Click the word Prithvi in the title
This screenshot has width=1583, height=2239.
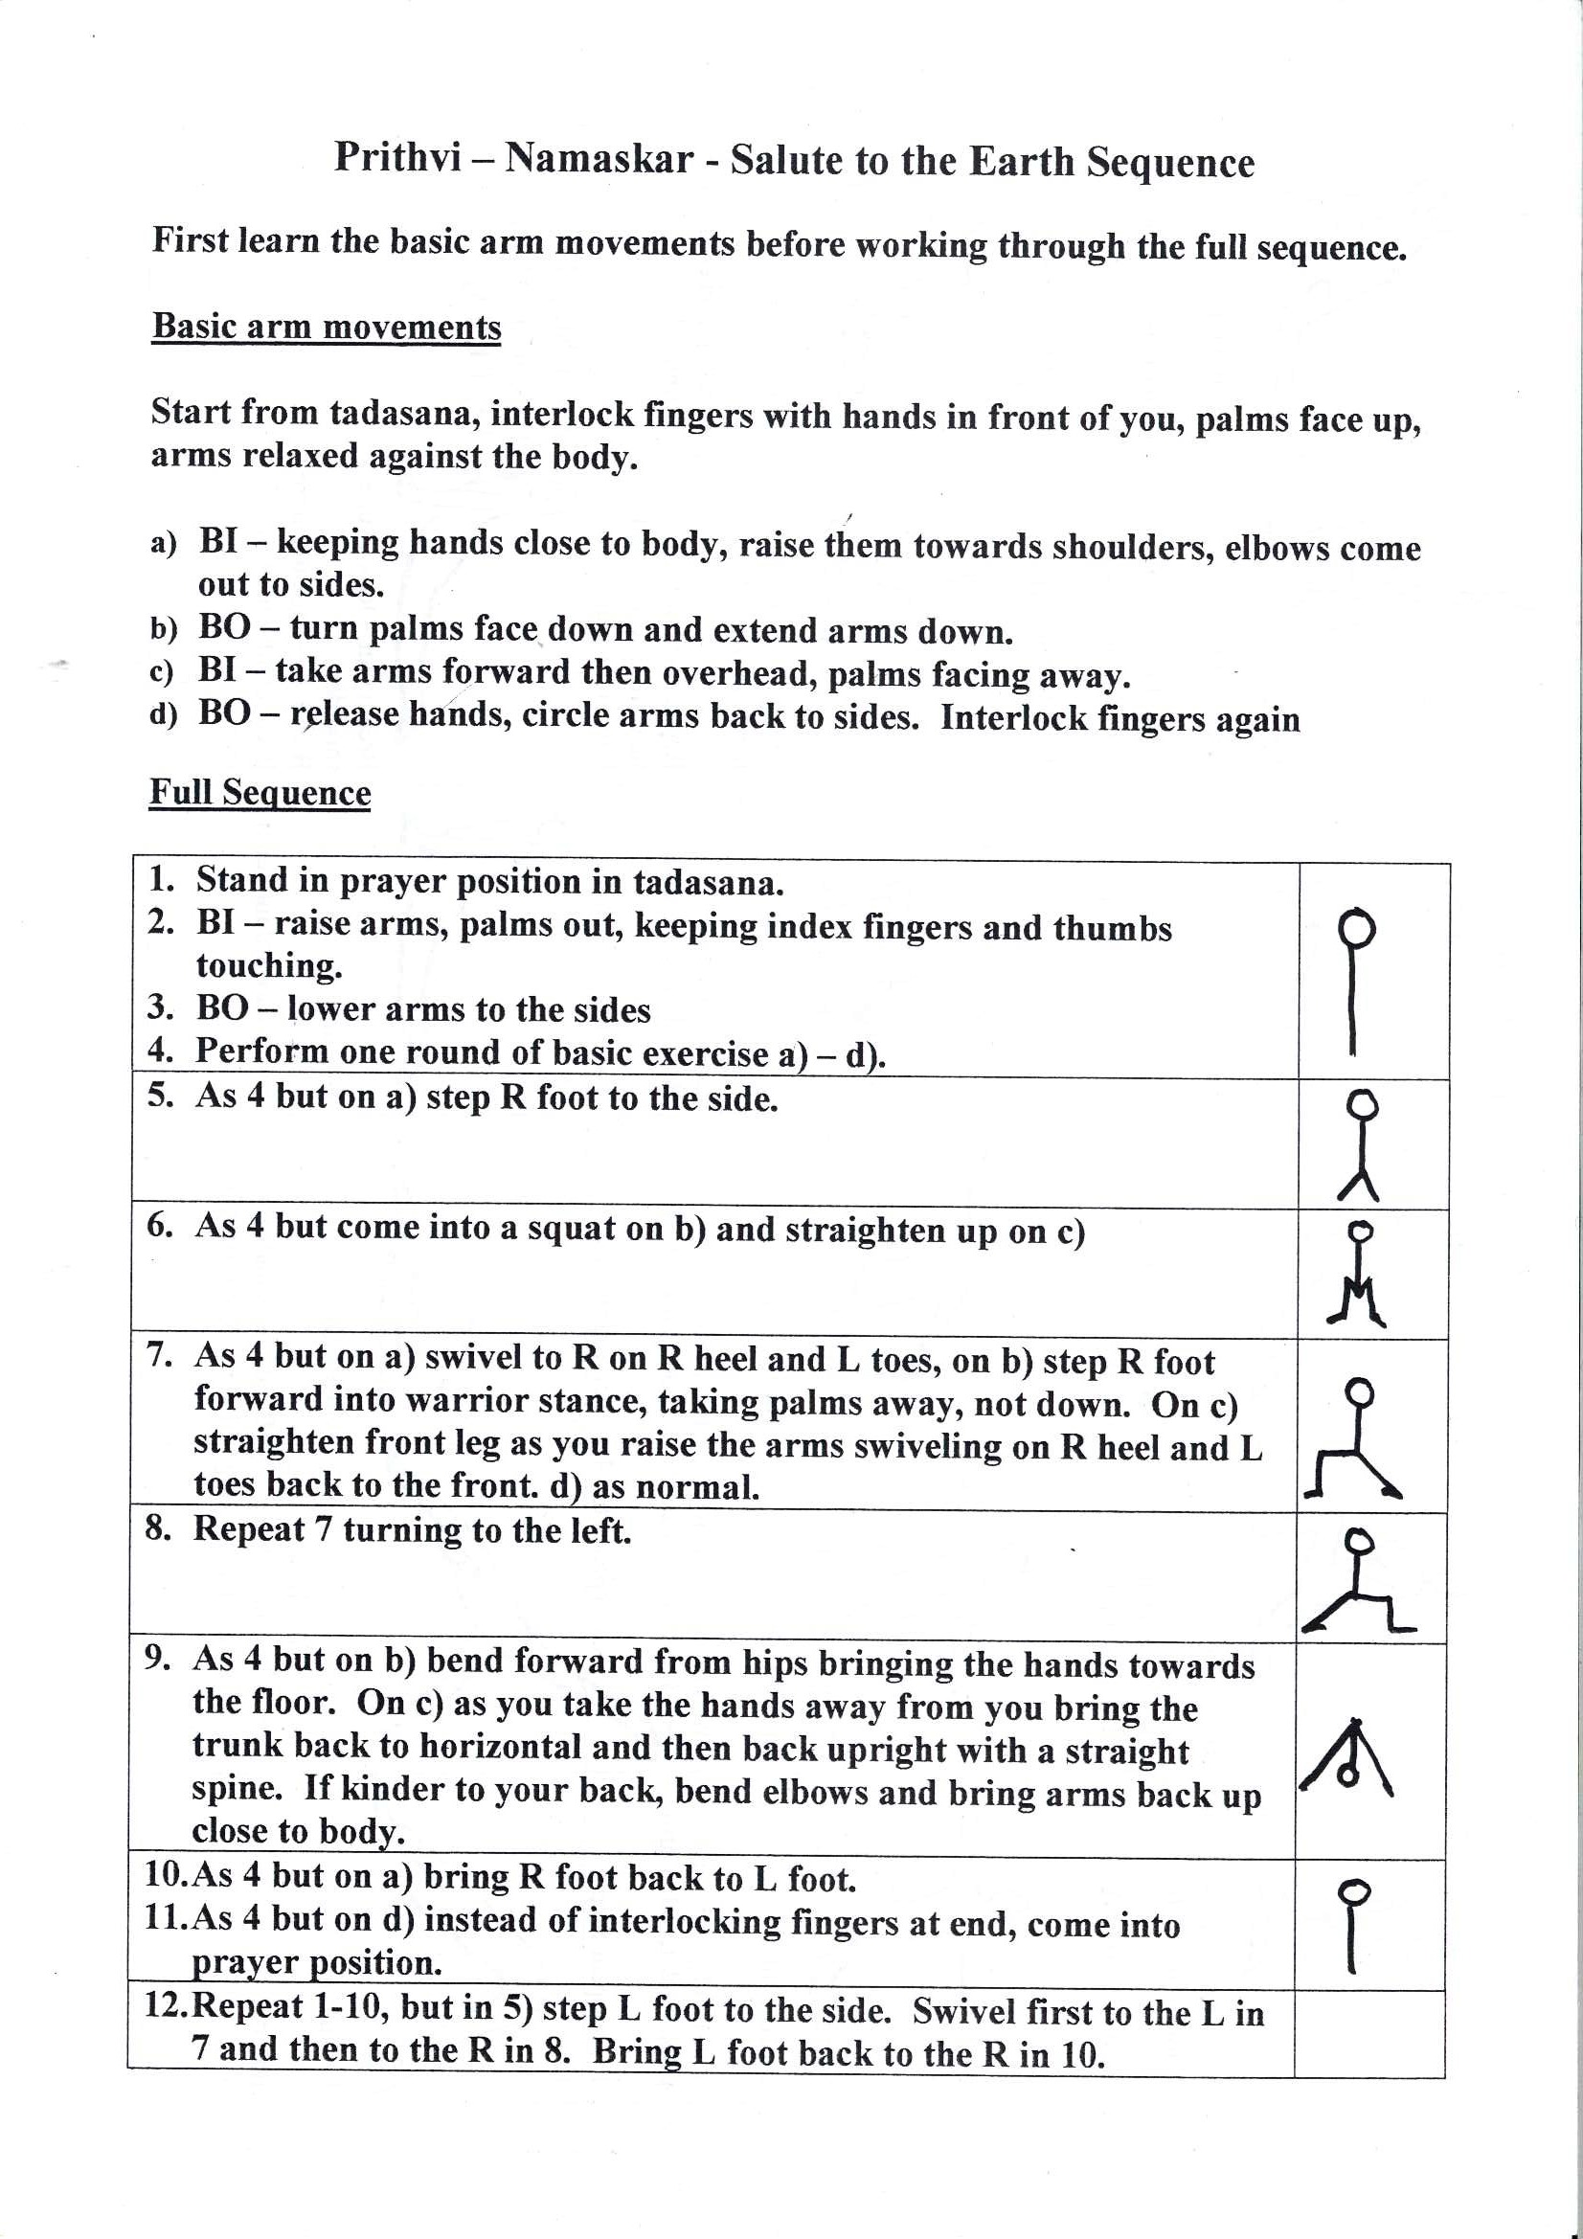click(x=397, y=157)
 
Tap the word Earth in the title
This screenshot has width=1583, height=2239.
click(x=1021, y=161)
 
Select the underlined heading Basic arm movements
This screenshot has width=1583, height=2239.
click(x=326, y=327)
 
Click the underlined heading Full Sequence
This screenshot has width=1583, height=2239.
click(x=260, y=792)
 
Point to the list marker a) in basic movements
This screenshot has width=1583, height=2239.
click(x=163, y=542)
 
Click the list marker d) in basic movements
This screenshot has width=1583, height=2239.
click(x=163, y=714)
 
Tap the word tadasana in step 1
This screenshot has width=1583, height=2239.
click(x=707, y=884)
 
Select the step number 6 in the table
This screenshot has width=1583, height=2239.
click(x=160, y=1225)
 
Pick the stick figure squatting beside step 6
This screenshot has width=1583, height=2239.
click(x=1359, y=1274)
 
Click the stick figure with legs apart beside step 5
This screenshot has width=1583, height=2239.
click(x=1362, y=1143)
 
